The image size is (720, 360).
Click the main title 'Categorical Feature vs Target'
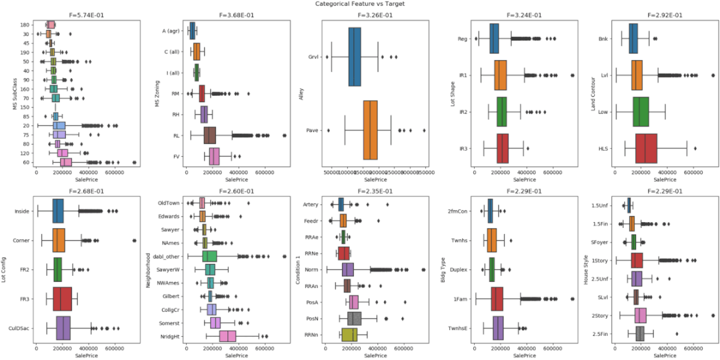(360, 4)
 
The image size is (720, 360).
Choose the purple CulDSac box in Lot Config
(63, 328)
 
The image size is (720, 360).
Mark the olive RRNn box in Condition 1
(349, 335)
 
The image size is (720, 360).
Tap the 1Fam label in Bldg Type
(460, 299)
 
